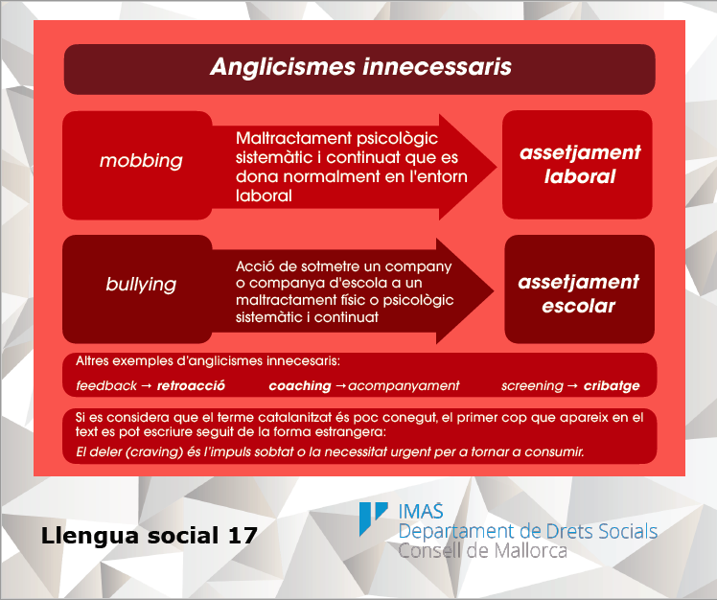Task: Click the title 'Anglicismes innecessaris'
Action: [x=360, y=67]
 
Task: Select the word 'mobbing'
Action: [x=141, y=160]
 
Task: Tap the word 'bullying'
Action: [x=141, y=285]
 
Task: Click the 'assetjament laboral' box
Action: [x=577, y=165]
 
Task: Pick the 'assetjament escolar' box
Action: [x=579, y=289]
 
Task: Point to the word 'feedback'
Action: [x=106, y=386]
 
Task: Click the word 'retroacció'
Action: [x=191, y=386]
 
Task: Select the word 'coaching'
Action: [x=300, y=386]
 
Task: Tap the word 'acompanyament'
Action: [x=404, y=386]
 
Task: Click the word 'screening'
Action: [x=532, y=386]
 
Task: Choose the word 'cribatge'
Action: [x=612, y=386]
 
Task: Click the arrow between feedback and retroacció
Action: [x=147, y=386]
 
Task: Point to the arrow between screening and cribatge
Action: [x=573, y=386]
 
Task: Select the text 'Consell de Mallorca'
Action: [x=482, y=550]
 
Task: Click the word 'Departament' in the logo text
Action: [x=456, y=531]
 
